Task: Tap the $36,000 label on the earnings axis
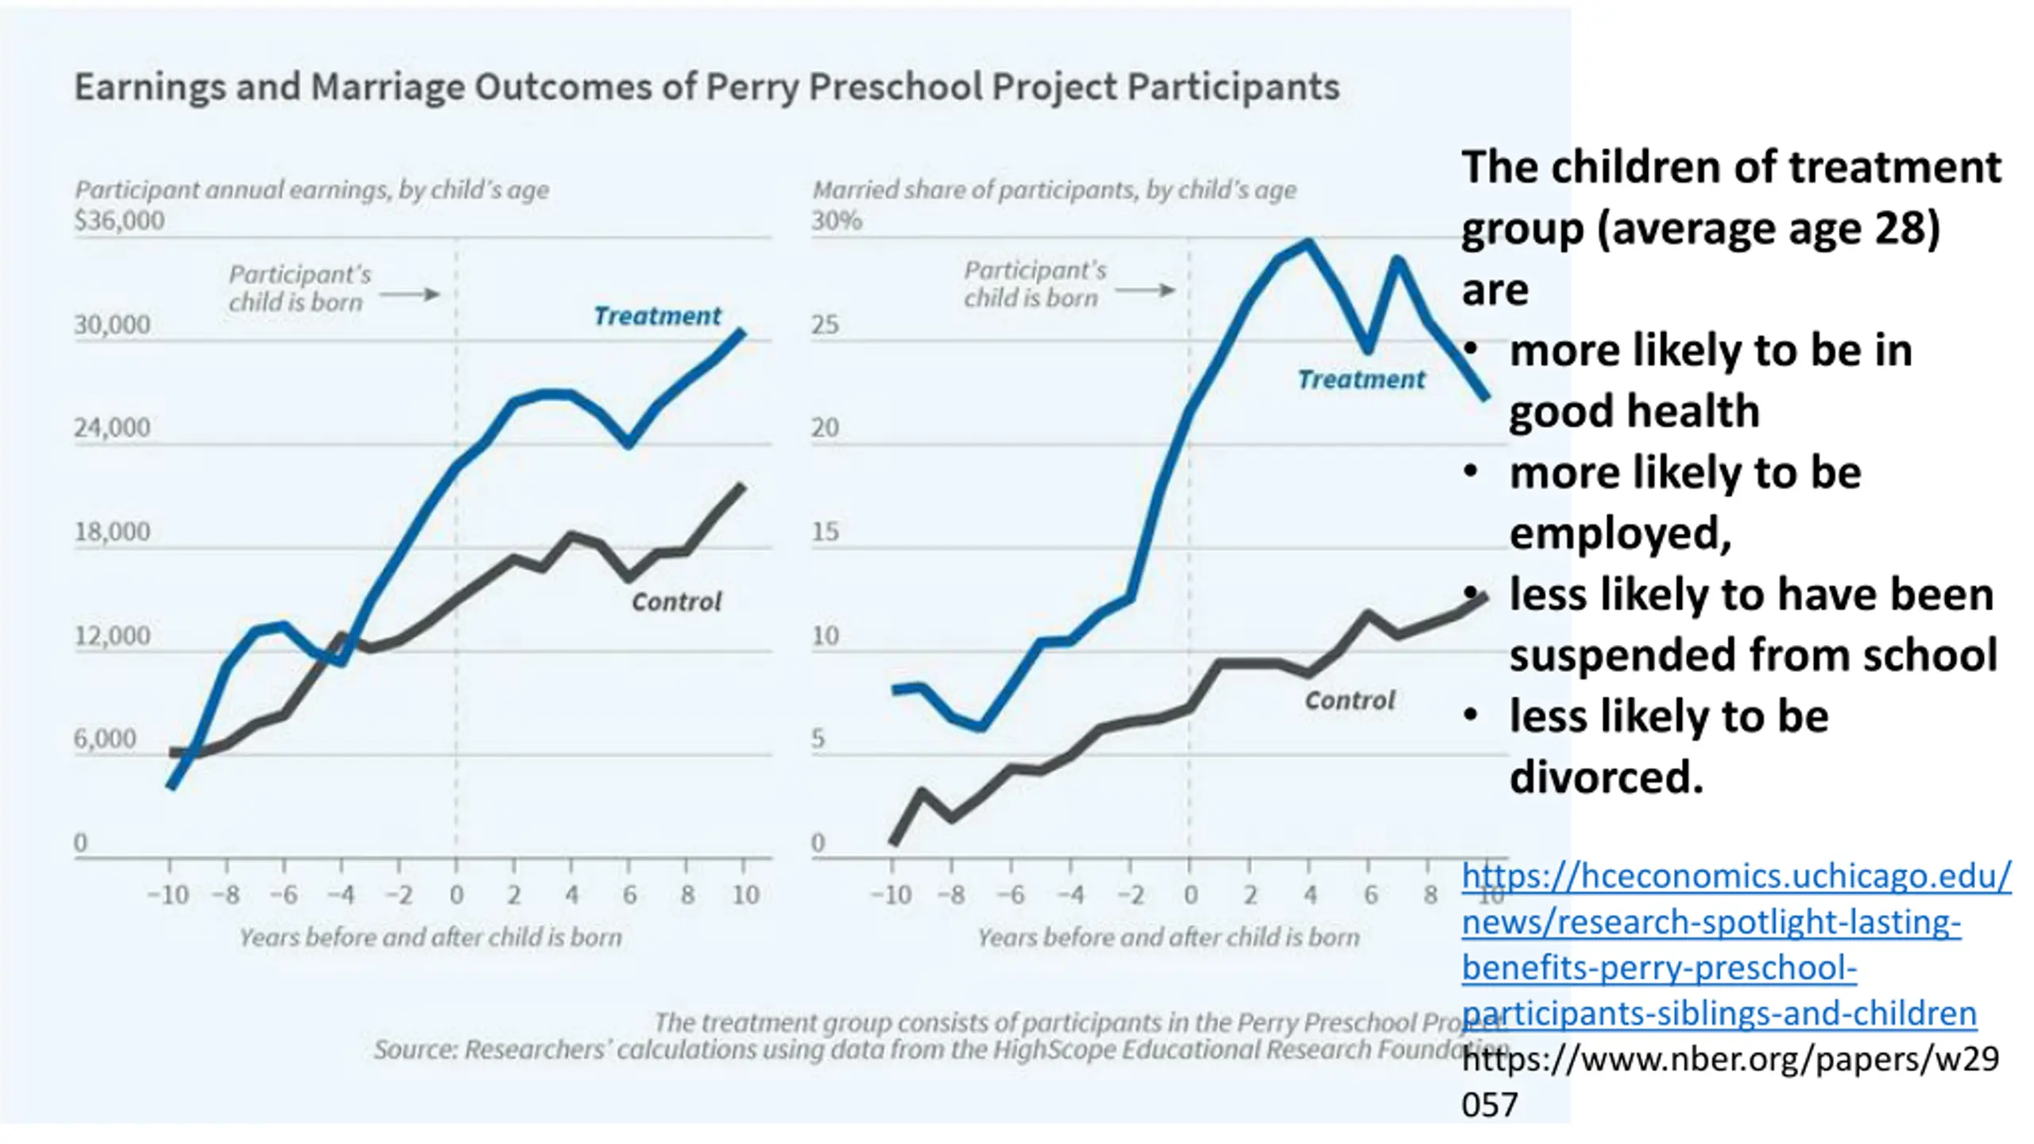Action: tap(119, 220)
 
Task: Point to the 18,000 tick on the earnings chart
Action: tap(112, 531)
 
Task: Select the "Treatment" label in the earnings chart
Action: tap(657, 316)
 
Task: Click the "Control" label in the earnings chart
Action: tap(676, 602)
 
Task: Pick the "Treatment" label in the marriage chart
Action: tap(1361, 380)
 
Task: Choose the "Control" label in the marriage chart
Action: tap(1349, 701)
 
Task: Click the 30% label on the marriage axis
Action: tap(836, 220)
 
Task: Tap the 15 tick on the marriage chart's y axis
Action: tap(825, 531)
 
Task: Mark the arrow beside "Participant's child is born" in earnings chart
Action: tap(409, 295)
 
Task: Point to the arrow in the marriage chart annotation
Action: tap(1145, 290)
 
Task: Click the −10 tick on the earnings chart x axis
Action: tap(168, 895)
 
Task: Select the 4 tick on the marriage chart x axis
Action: tap(1309, 895)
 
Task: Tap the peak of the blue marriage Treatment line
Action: tap(1309, 242)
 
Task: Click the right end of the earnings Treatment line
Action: tap(742, 332)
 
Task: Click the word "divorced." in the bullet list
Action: tap(1607, 777)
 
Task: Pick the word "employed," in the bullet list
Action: tap(1620, 533)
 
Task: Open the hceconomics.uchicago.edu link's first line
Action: tap(1736, 876)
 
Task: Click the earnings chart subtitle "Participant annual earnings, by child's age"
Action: tap(311, 190)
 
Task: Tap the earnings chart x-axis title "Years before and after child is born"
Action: tap(431, 938)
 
